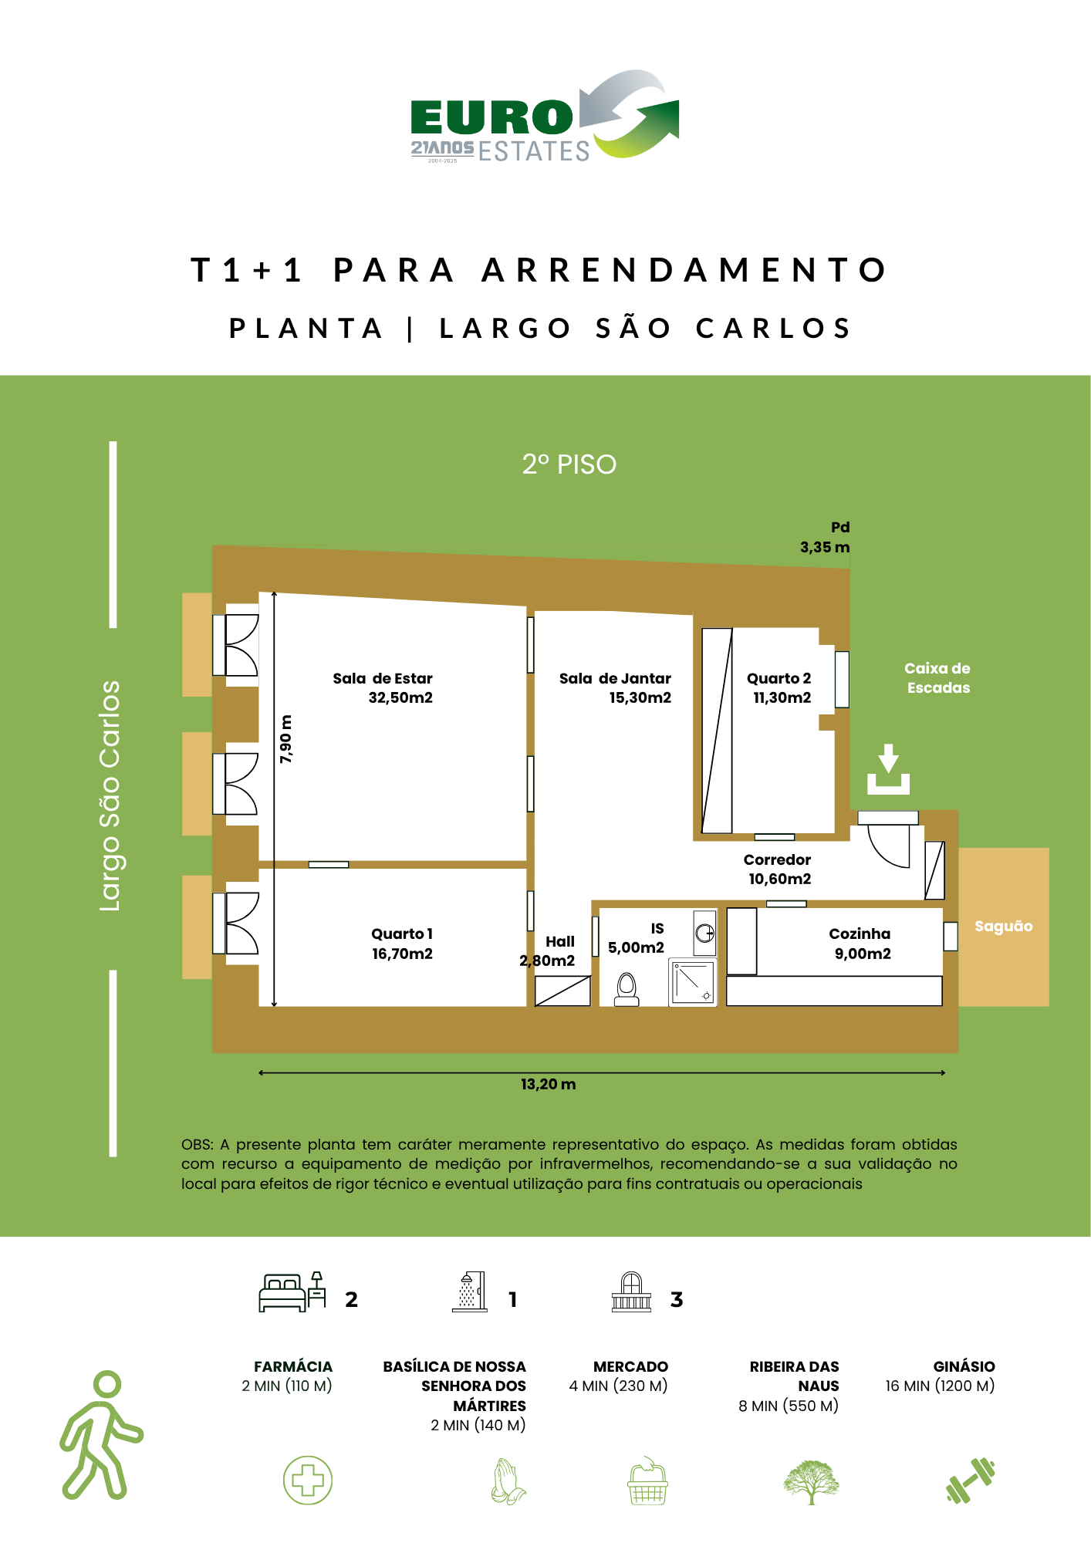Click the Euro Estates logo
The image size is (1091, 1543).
click(545, 116)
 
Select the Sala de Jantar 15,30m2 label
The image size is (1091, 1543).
click(615, 688)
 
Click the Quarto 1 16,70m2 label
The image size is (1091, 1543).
click(402, 944)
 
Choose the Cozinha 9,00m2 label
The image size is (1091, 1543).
click(860, 944)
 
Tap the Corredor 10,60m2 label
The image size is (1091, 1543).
click(778, 869)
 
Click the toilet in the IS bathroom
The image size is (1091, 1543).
click(627, 990)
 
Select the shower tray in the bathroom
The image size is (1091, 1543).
click(693, 982)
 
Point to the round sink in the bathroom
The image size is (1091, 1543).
click(705, 934)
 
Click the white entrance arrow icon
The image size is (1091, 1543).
click(888, 769)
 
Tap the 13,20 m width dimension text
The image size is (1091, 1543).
click(548, 1085)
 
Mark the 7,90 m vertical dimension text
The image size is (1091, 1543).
click(285, 739)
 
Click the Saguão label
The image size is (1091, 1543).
click(1003, 926)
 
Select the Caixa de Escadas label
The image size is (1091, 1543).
click(937, 678)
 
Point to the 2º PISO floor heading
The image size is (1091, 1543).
click(569, 464)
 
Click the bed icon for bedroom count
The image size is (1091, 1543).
click(292, 1292)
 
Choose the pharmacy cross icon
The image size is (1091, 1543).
click(308, 1481)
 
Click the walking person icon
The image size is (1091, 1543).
click(101, 1435)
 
